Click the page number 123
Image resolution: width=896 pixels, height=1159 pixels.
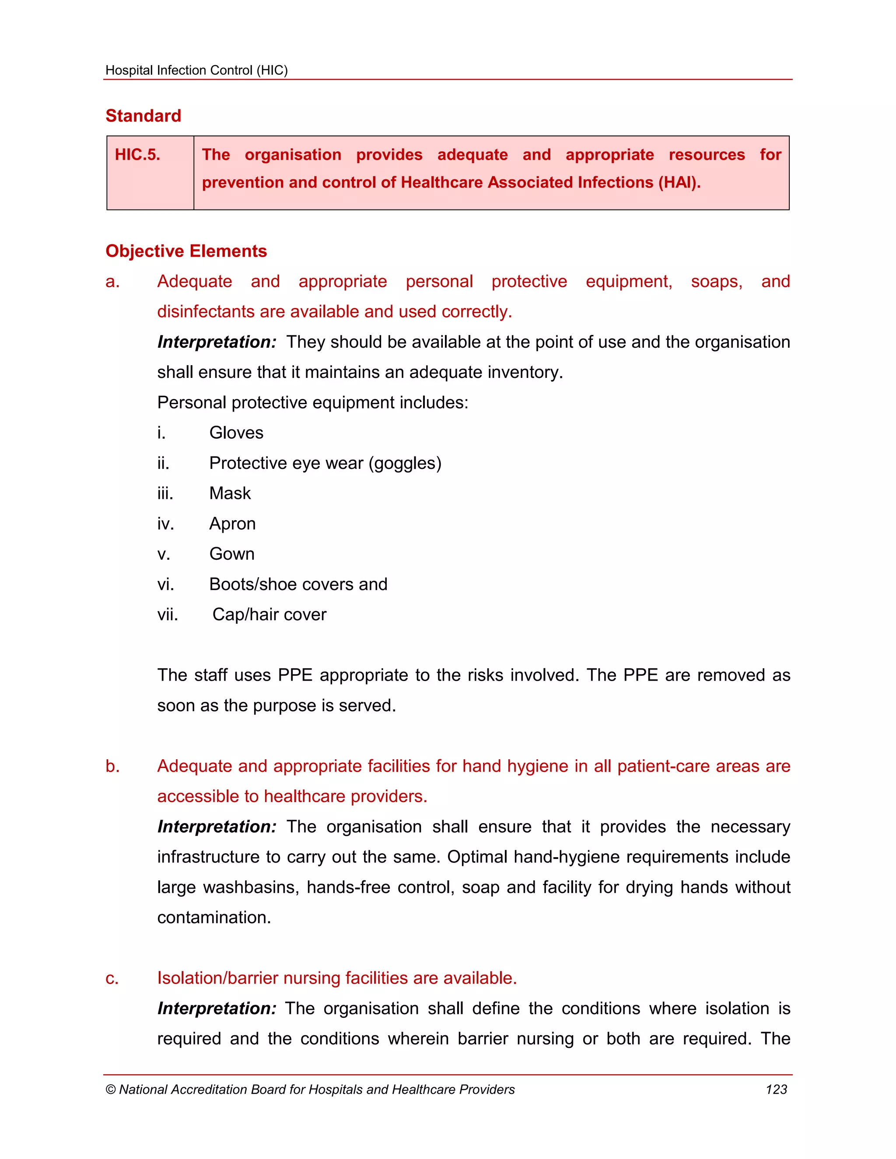(776, 1089)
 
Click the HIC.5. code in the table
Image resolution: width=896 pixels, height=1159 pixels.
(137, 154)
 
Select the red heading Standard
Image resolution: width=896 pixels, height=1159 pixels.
(143, 116)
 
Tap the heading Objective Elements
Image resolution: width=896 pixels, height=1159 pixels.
(186, 251)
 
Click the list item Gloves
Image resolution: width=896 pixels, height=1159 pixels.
(236, 433)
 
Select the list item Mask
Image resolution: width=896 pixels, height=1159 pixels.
(230, 493)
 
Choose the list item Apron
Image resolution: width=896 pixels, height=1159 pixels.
(232, 524)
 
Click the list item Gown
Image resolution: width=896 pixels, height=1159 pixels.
(232, 554)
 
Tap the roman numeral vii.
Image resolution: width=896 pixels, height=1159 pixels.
(167, 614)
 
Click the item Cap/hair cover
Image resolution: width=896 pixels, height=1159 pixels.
(269, 614)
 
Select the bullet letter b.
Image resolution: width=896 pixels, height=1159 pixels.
(112, 766)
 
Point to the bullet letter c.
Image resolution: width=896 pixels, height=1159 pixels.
(112, 978)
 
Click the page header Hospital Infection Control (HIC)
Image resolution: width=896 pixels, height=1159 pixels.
(196, 70)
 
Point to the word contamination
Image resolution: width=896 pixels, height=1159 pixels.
(214, 918)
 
